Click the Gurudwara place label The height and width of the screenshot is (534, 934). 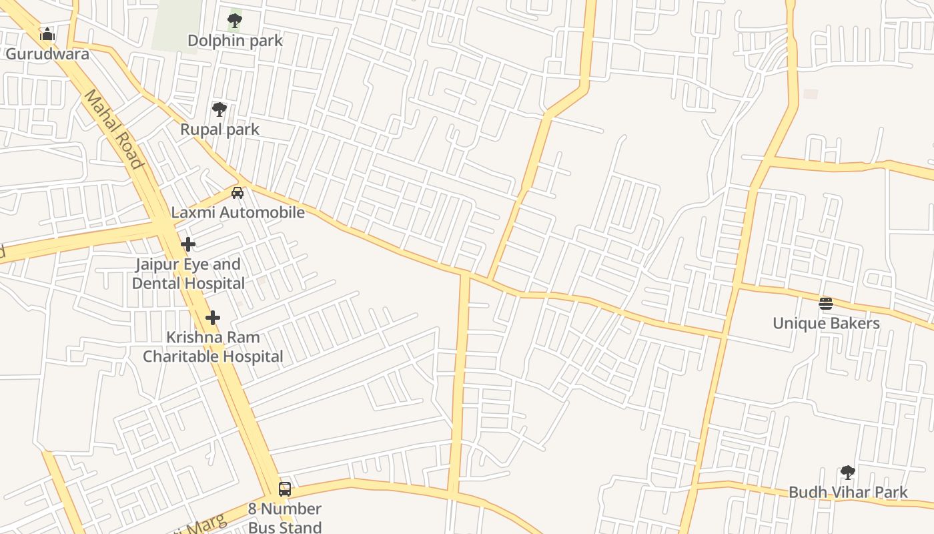47,54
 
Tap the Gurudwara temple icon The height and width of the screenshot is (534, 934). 47,34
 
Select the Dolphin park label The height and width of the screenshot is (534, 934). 235,41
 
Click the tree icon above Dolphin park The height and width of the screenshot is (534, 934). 234,21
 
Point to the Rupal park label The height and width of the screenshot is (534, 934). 219,129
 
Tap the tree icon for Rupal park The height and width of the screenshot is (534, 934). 219,110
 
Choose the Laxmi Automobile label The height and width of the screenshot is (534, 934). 238,213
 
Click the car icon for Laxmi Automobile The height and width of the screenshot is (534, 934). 237,194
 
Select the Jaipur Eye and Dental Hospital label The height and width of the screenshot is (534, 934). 188,274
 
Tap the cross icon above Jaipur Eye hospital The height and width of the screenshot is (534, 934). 188,244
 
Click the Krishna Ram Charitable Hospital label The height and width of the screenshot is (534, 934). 213,347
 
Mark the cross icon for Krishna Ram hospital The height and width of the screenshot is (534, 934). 213,318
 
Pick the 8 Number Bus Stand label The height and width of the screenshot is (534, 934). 285,518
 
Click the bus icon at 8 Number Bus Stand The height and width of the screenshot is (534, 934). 285,489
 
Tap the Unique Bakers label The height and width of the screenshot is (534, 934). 826,324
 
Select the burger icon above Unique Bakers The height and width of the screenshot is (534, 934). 826,304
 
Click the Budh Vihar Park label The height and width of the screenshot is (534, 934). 848,493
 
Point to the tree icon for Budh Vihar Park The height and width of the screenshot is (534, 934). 848,473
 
